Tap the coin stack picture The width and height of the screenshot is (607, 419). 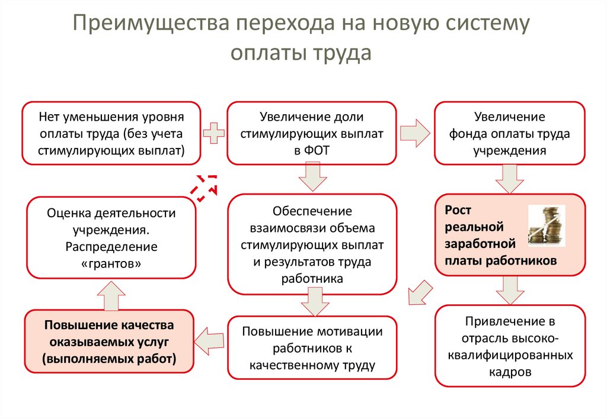click(x=546, y=225)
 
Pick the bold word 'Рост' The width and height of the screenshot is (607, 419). click(x=457, y=210)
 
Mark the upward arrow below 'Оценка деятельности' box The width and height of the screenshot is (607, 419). click(x=111, y=294)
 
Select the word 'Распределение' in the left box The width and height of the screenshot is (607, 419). click(x=111, y=246)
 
